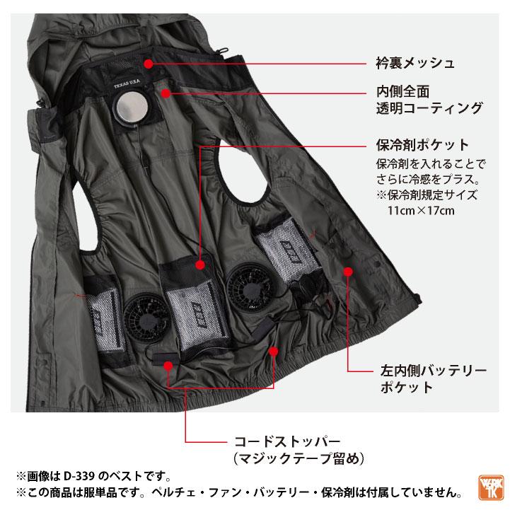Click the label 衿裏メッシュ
click(415, 63)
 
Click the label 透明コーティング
click(429, 108)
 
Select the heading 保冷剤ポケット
click(422, 145)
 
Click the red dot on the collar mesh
click(149, 63)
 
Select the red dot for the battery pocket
click(347, 270)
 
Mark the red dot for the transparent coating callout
click(165, 92)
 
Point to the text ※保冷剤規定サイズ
click(416, 195)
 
